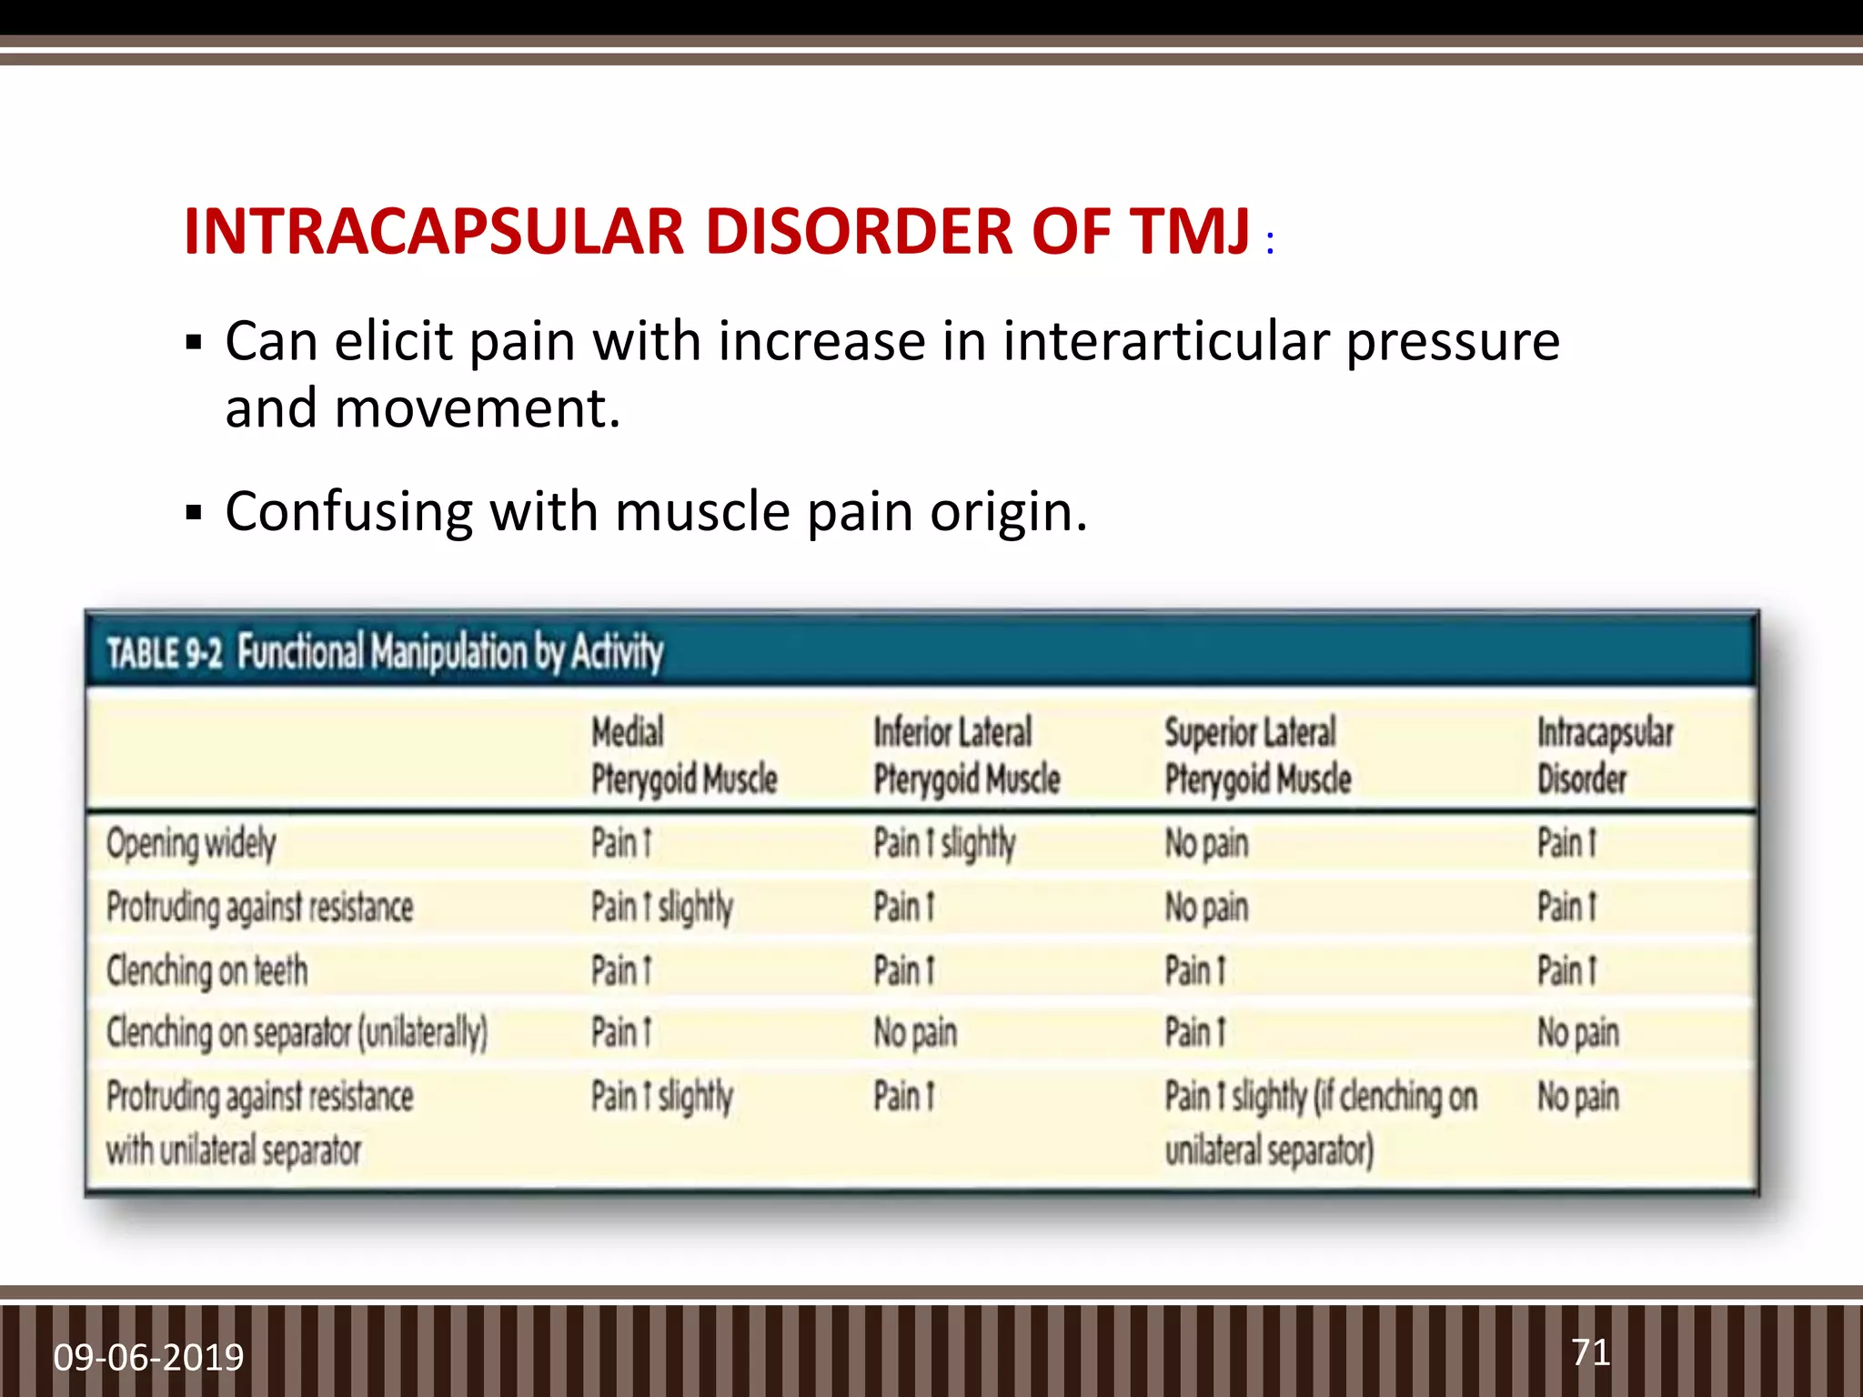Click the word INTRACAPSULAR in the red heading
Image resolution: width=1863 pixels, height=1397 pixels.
pos(433,231)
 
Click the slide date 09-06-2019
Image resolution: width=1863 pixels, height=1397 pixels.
pos(148,1357)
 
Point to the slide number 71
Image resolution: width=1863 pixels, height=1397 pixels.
pos(1590,1352)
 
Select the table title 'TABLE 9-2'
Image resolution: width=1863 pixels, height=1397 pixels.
pos(164,653)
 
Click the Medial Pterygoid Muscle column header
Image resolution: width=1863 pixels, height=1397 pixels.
pos(683,755)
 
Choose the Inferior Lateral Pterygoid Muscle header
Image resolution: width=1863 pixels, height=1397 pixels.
pos(966,755)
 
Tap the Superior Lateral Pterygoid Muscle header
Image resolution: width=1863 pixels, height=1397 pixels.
pos(1257,755)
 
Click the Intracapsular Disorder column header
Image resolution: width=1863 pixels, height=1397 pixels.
pos(1604,755)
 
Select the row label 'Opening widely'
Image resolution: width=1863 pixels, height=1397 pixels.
pos(191,843)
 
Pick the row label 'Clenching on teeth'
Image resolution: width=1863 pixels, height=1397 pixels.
pos(206,970)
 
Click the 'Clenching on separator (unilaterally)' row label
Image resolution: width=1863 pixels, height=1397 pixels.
pos(297,1033)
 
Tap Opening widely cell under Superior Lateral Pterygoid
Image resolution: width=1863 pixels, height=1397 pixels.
pos(1206,843)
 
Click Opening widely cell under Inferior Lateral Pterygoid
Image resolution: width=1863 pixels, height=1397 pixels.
pos(943,843)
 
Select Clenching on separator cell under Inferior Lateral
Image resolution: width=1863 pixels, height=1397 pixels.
pos(915,1033)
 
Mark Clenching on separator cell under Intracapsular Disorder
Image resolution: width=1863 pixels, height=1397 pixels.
pos(1577,1033)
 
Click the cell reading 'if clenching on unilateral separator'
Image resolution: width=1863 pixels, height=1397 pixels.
pos(1319,1122)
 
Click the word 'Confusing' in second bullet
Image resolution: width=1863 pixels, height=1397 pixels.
pos(348,512)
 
